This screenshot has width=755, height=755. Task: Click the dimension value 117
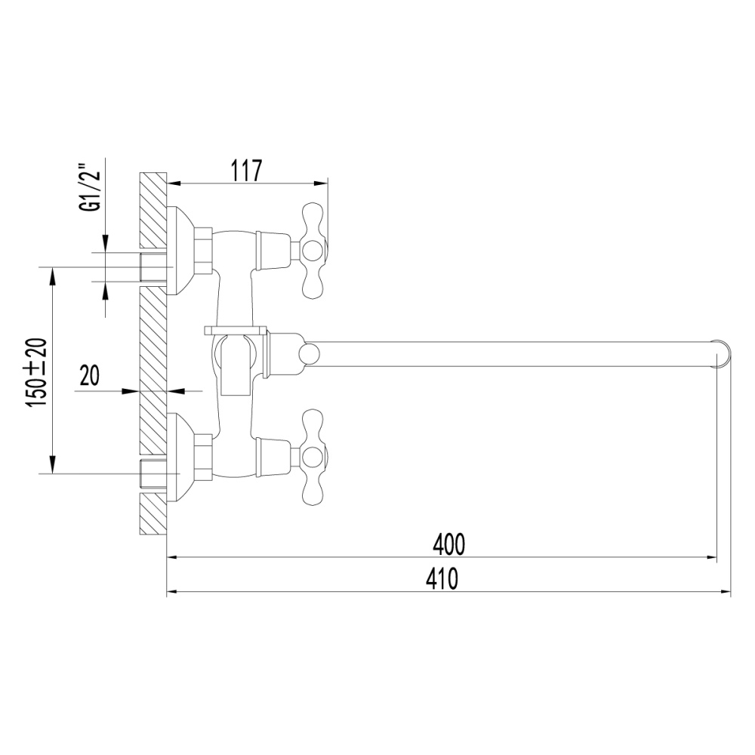[x=245, y=171]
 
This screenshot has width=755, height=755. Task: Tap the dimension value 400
[x=448, y=543]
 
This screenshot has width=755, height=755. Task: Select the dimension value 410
[x=442, y=578]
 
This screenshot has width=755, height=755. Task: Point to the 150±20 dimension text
[x=39, y=374]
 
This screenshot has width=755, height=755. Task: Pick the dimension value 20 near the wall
[x=90, y=376]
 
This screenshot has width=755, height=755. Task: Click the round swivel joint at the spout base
[x=308, y=353]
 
